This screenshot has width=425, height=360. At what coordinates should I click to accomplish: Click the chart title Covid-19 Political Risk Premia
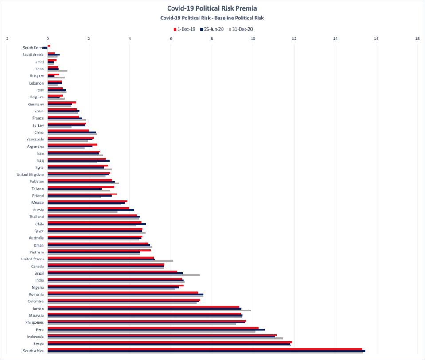click(212, 8)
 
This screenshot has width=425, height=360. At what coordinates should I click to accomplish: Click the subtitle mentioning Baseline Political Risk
click(212, 18)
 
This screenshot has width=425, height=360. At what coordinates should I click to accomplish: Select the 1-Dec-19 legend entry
click(184, 29)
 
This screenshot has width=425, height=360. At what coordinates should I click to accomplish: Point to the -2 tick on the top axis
click(6, 39)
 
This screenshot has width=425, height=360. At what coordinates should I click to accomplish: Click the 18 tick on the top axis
click(417, 39)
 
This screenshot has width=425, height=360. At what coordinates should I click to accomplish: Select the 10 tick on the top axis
click(253, 39)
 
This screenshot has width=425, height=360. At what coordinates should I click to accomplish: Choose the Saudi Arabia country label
click(33, 55)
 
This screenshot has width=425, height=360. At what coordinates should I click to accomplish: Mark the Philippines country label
click(34, 322)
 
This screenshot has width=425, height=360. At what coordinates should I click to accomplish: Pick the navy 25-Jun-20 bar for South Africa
click(206, 351)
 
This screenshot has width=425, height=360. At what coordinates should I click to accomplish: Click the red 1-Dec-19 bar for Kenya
click(170, 342)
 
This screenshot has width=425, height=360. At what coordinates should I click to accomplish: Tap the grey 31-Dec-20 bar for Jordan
click(149, 310)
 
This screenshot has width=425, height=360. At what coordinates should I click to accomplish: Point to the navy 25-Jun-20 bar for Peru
click(156, 329)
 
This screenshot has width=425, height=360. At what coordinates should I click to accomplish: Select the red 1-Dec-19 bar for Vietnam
click(99, 250)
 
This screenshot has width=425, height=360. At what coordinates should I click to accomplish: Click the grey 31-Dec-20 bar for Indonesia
click(165, 338)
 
